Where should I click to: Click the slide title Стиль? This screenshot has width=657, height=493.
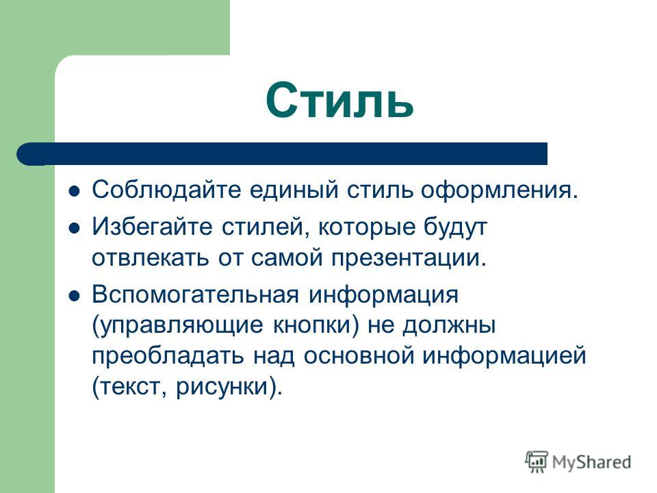click(339, 100)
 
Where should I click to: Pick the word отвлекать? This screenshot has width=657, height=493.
click(150, 257)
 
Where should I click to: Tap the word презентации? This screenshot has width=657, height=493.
click(409, 259)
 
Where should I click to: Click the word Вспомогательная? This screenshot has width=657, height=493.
click(195, 294)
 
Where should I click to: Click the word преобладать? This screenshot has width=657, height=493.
click(168, 356)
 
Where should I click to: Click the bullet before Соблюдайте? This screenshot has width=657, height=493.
click(75, 191)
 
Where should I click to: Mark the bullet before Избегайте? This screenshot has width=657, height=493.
click(75, 229)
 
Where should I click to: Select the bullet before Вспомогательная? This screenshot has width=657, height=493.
click(75, 296)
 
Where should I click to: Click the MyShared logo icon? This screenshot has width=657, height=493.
click(537, 462)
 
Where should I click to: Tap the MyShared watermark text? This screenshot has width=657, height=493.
click(591, 463)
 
